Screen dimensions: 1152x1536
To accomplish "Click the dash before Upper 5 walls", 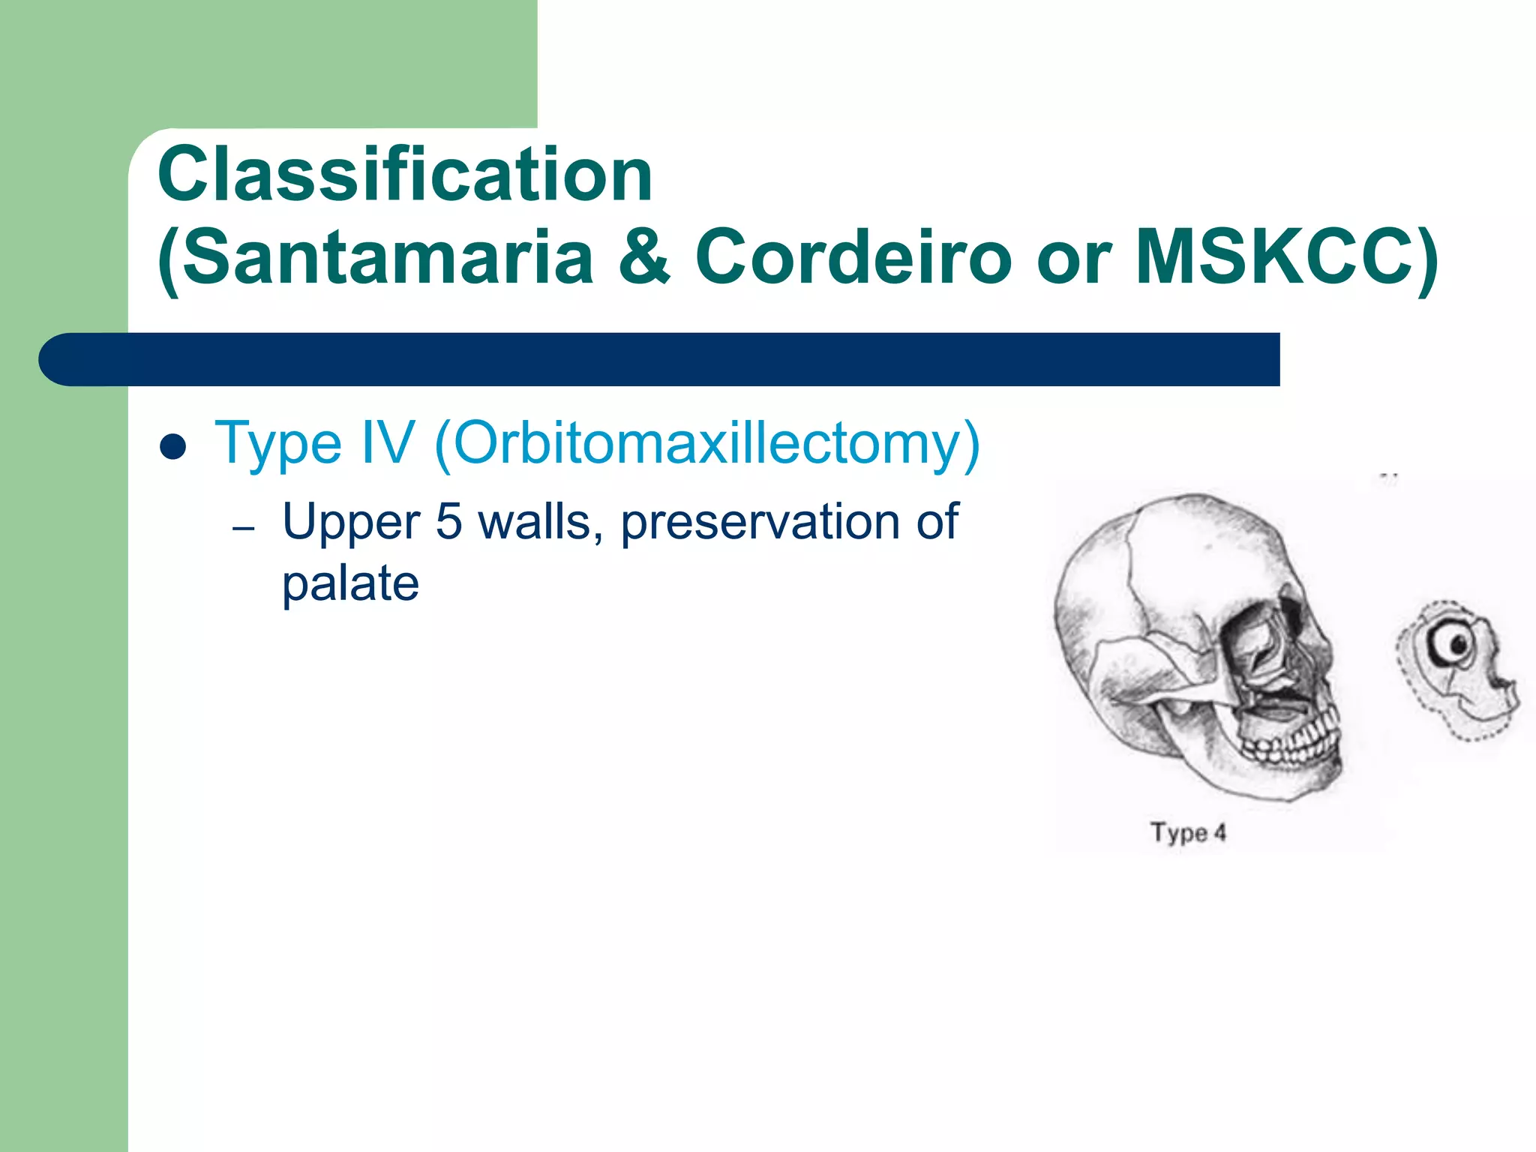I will (x=244, y=529).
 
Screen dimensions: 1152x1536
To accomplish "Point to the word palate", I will (x=350, y=584).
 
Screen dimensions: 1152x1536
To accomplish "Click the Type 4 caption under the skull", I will (x=1188, y=832).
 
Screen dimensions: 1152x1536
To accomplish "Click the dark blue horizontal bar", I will (x=660, y=359).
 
